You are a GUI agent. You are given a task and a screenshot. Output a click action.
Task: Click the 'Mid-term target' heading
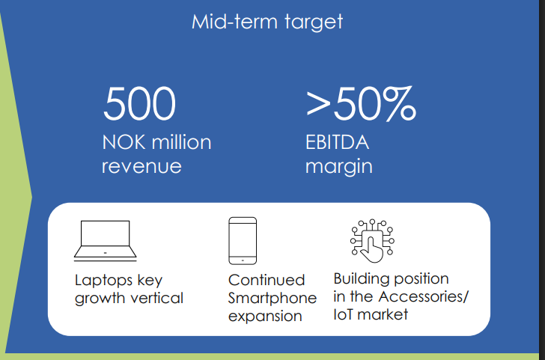267,22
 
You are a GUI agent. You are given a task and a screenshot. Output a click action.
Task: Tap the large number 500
139,103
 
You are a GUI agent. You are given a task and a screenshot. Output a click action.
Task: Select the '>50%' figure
361,103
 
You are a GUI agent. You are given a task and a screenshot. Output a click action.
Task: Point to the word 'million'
181,142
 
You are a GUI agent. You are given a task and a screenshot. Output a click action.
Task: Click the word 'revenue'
141,166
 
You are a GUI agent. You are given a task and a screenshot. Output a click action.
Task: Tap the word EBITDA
337,142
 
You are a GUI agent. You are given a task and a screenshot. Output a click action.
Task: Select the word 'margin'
339,167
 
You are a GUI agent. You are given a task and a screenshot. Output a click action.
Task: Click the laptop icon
106,240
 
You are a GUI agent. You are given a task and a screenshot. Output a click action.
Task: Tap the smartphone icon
243,241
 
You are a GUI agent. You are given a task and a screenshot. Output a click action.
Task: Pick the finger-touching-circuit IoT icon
372,241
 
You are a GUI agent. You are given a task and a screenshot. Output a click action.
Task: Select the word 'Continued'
267,280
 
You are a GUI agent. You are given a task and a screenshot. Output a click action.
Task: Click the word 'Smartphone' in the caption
272,299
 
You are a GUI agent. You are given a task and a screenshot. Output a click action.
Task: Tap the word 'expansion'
265,317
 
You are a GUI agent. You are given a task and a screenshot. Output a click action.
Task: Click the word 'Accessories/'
424,296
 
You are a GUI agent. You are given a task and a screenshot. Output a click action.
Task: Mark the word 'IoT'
344,314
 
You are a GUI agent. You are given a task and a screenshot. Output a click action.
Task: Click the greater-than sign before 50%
317,104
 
